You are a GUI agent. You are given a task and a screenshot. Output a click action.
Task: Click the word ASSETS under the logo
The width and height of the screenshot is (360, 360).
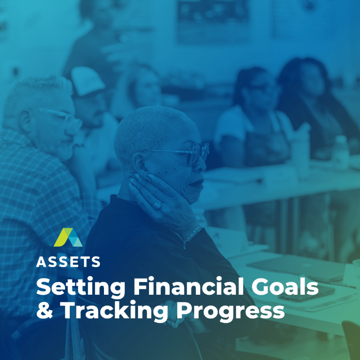click(x=68, y=262)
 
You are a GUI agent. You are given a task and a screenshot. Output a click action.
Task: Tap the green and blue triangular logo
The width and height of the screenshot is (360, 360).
click(x=68, y=238)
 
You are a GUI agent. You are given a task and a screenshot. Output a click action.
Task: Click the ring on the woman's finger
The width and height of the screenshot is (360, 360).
click(x=157, y=205)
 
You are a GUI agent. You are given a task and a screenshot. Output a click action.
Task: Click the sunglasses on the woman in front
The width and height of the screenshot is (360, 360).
click(x=184, y=152)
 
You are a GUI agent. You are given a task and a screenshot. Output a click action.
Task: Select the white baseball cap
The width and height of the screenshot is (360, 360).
click(x=87, y=81)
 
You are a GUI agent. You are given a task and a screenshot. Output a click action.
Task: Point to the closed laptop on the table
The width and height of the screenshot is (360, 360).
click(x=296, y=268)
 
